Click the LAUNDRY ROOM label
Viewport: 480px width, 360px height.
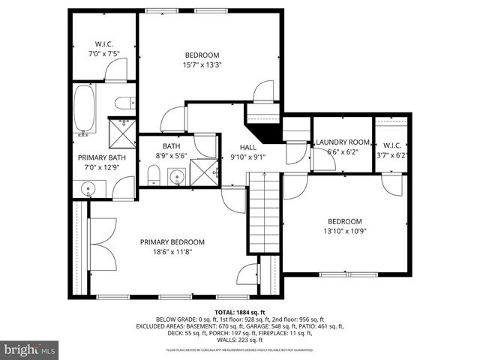click(x=342, y=142)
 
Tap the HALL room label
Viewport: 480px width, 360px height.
click(x=248, y=147)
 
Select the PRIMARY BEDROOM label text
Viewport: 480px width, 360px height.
click(x=172, y=241)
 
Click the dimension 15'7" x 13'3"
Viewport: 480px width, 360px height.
click(x=202, y=65)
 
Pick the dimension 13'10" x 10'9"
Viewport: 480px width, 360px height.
click(x=344, y=232)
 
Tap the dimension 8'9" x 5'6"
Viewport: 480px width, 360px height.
click(x=172, y=156)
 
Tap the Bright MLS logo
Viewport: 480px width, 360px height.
click(x=30, y=349)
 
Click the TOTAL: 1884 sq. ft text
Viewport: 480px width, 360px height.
click(x=239, y=311)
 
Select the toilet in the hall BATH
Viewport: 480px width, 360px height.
click(x=152, y=175)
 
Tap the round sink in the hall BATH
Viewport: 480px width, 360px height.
click(x=177, y=177)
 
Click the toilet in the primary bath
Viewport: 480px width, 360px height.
click(x=124, y=103)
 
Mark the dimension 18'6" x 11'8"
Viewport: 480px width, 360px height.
click(x=172, y=252)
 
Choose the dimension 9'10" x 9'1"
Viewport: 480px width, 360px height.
click(x=248, y=157)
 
